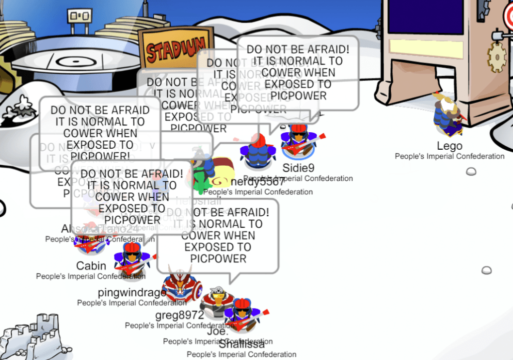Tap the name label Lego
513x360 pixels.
pos(449,146)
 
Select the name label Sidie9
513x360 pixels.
pos(298,168)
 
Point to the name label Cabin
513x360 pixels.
pos(91,266)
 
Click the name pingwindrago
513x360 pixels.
pos(132,292)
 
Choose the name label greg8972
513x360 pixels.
pos(179,315)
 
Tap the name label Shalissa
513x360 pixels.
pos(241,344)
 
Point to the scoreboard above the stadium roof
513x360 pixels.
pos(79,17)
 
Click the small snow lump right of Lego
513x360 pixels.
pos(471,171)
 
